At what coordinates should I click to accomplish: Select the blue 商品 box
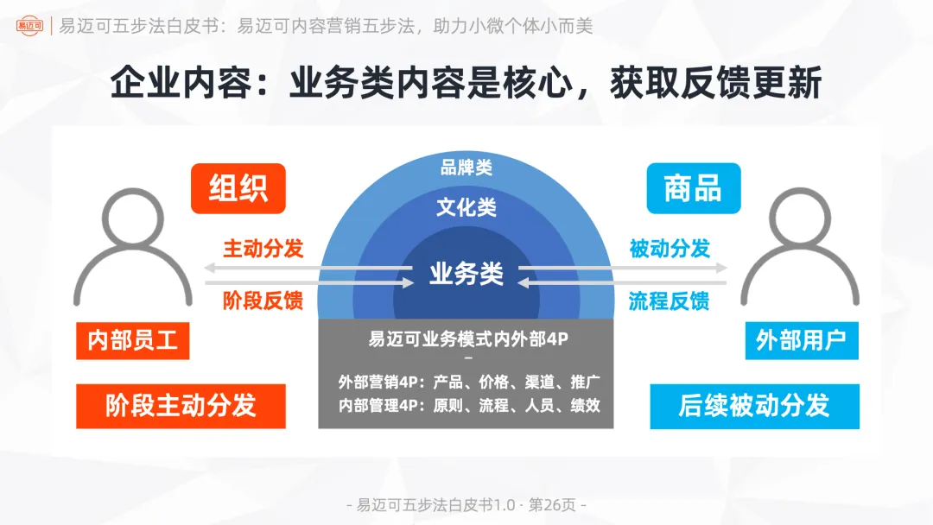693,188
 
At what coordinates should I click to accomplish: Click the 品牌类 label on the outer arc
466,168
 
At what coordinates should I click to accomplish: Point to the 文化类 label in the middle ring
466,207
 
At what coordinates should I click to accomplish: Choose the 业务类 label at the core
466,274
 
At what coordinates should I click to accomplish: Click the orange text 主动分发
263,249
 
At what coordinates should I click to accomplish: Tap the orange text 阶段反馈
263,300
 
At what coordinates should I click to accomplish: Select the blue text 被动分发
670,249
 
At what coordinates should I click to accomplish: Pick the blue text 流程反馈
670,300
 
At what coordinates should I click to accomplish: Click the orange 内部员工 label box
133,340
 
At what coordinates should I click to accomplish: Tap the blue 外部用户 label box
801,340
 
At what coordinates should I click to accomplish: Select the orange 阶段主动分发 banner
181,406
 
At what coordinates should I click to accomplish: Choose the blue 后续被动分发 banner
754,406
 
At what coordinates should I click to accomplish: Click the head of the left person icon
133,217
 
